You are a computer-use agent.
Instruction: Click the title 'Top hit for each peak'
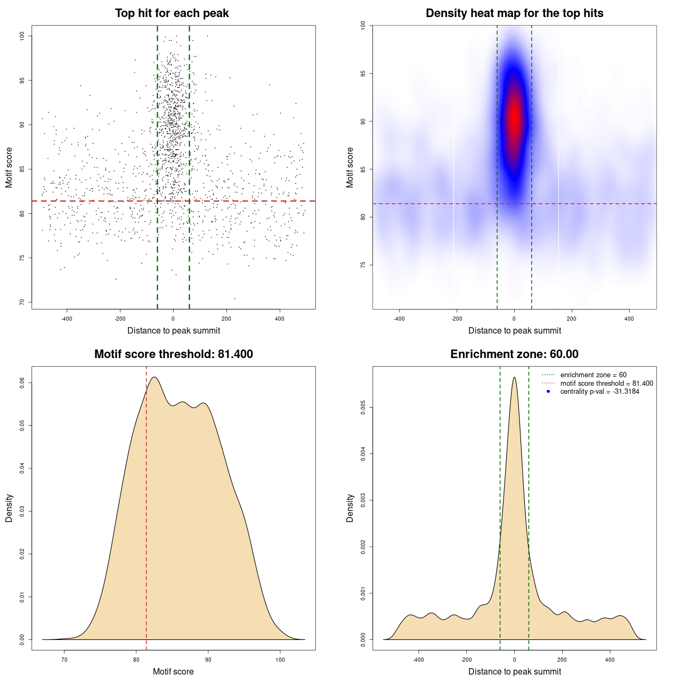point(172,13)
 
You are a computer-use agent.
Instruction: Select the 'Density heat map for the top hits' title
point(514,13)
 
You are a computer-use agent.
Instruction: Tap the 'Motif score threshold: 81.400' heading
point(173,354)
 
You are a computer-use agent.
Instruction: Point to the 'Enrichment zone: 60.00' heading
point(514,354)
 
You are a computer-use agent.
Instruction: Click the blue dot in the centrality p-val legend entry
point(548,392)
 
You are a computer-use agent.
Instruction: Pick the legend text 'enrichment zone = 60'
point(593,375)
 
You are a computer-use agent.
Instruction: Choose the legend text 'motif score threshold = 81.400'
point(606,384)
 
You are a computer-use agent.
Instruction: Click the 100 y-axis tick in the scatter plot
point(22,36)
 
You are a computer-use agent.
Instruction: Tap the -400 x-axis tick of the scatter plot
point(67,319)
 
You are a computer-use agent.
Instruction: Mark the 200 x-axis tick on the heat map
point(572,319)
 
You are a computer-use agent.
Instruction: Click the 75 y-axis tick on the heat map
point(363,265)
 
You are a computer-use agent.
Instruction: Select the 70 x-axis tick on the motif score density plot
point(64,660)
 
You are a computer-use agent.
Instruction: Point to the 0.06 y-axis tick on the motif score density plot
point(22,383)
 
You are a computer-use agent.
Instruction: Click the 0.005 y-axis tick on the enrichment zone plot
point(363,408)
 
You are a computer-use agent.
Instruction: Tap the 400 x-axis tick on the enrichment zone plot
point(610,660)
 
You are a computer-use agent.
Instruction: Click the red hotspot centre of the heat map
point(514,117)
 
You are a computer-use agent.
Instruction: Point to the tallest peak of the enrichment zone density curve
point(514,378)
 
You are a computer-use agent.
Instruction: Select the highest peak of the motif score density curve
point(155,378)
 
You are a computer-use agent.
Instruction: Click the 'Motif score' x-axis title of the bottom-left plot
point(173,671)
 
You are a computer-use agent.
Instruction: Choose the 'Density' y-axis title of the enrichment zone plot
point(350,508)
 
